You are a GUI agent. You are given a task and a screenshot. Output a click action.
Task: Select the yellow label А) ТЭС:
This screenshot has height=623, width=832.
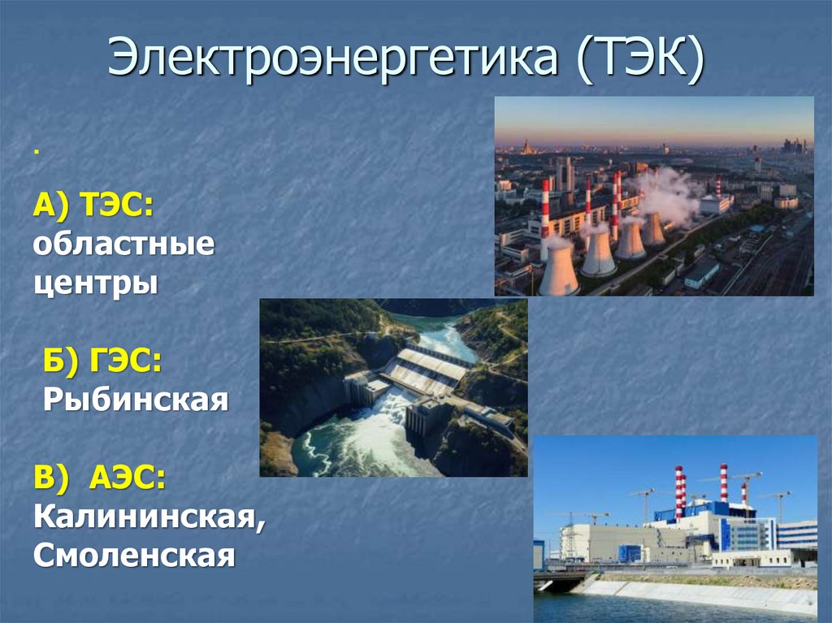[x=93, y=207]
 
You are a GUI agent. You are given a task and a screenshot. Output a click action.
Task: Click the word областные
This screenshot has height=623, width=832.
[x=123, y=245]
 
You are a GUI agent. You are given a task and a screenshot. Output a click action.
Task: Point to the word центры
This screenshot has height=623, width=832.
[x=95, y=284]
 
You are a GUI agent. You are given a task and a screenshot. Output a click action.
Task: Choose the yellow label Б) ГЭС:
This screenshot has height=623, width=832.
[x=102, y=362]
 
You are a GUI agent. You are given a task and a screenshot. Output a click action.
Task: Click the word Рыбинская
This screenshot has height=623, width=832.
[x=135, y=400]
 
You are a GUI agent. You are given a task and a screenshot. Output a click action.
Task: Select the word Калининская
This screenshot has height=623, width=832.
[x=149, y=517]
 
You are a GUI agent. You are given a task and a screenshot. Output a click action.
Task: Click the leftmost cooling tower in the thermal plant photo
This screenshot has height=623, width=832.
[x=559, y=270]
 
